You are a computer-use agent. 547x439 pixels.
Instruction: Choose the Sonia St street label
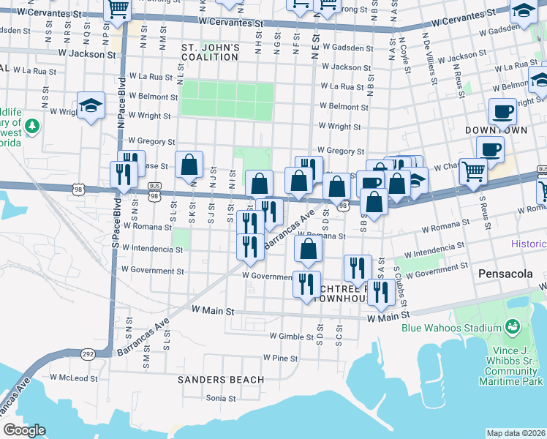pos(221,398)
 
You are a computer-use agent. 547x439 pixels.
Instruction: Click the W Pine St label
pos(280,359)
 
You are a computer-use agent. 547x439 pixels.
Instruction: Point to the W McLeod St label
pos(74,378)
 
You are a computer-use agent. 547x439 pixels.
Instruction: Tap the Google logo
pos(24,429)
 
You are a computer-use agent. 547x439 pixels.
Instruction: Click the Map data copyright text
pos(516,433)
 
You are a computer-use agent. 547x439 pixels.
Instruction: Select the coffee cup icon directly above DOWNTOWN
pos(502,110)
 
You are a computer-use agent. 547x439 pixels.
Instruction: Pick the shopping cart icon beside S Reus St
pos(473,171)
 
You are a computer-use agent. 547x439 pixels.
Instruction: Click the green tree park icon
pos(31,127)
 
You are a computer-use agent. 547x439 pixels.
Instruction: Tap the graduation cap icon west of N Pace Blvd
pos(91,105)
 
